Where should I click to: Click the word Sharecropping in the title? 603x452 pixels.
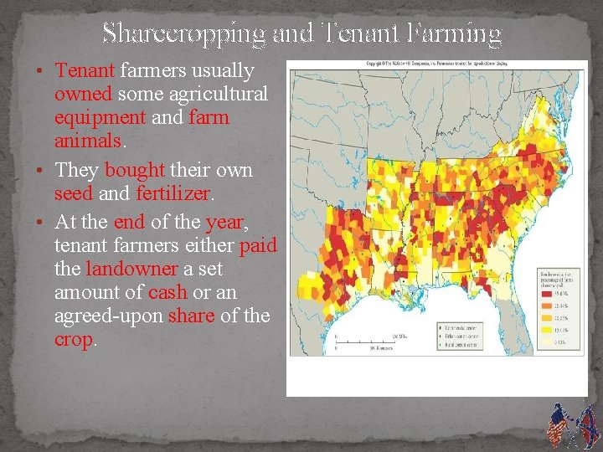(x=183, y=33)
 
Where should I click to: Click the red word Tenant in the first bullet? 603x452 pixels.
(x=86, y=72)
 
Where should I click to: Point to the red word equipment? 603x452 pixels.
(x=101, y=117)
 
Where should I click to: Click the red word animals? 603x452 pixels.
(x=87, y=140)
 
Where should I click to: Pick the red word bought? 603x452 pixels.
(x=134, y=170)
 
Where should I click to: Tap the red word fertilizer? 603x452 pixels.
(x=174, y=193)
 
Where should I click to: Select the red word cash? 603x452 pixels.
(x=167, y=292)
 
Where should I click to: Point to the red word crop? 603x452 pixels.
(x=74, y=340)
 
